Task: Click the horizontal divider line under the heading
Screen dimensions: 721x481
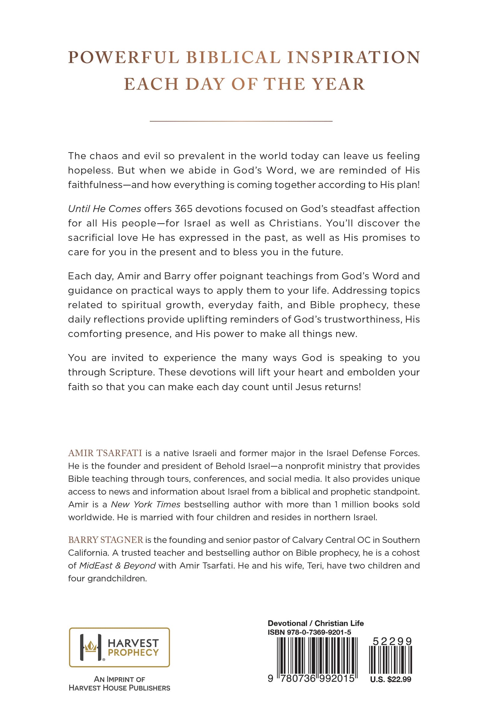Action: tap(241, 121)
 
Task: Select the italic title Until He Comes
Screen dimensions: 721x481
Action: tap(104, 209)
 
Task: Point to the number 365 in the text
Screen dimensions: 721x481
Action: tap(183, 209)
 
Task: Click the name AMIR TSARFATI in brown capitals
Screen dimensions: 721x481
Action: tap(105, 453)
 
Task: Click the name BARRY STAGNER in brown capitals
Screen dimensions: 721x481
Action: tap(105, 540)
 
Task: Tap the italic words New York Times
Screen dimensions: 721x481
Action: tap(146, 505)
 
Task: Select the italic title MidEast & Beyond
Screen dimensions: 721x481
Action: tap(117, 566)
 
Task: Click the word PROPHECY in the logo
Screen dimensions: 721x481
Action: tap(133, 652)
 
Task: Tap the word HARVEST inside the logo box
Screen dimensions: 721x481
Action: tap(133, 643)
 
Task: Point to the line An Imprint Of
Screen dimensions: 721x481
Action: tap(119, 679)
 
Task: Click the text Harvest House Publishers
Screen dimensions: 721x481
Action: tap(119, 688)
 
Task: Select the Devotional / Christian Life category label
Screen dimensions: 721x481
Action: tap(315, 623)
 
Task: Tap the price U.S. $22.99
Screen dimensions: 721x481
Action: tap(391, 679)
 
